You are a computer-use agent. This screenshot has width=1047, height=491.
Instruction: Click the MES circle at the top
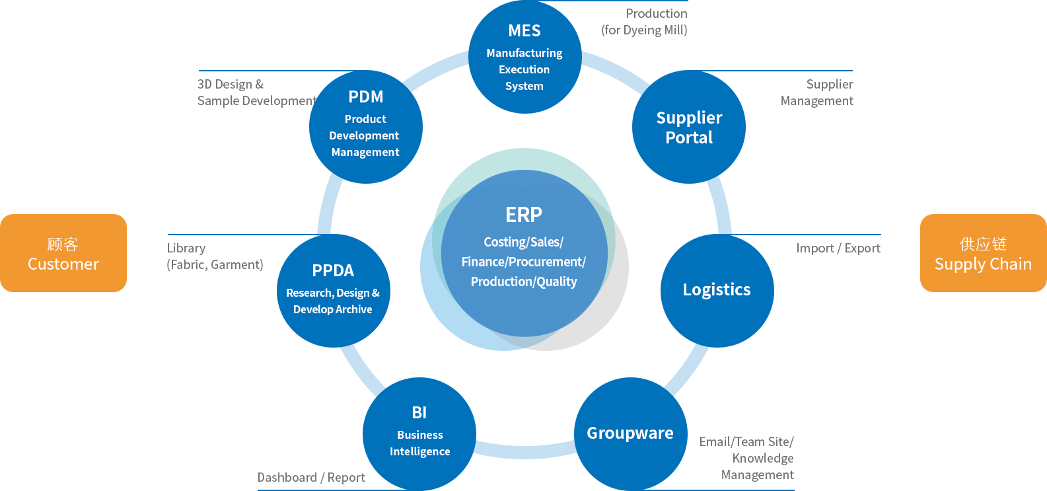(x=525, y=57)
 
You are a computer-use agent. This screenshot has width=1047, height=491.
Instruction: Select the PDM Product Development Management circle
(x=366, y=127)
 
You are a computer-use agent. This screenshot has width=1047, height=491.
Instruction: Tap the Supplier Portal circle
(x=689, y=127)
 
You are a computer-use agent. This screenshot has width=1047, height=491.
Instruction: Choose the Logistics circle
(x=717, y=290)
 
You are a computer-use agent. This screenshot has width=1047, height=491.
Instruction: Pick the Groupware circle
(x=631, y=434)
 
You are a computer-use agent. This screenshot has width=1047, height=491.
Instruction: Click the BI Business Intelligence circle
(x=419, y=434)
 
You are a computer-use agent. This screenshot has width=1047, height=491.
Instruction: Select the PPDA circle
(x=334, y=290)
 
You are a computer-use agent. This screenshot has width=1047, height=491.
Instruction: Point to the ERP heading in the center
(x=524, y=215)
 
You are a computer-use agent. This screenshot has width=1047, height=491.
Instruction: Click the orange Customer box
(x=63, y=253)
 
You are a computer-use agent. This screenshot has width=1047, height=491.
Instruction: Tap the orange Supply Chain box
(x=984, y=253)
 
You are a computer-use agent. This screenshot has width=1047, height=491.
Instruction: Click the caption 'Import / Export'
(x=838, y=248)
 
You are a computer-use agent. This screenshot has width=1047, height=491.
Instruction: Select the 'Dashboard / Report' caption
(x=311, y=477)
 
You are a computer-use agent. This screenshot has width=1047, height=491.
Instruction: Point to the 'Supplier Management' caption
(x=816, y=93)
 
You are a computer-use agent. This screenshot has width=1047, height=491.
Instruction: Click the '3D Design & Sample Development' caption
(x=257, y=93)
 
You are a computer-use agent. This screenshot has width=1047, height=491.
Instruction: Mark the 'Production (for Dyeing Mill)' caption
(x=644, y=22)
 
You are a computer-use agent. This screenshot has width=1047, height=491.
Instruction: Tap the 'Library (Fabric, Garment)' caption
(x=215, y=256)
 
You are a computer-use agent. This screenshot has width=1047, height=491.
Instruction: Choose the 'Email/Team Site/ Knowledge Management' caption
(x=746, y=458)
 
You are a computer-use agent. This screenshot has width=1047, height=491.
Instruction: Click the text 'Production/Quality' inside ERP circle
(x=524, y=282)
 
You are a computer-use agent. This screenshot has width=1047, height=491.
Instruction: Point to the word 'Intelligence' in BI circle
(x=419, y=451)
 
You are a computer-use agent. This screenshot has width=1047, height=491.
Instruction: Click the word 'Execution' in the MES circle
(x=524, y=69)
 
